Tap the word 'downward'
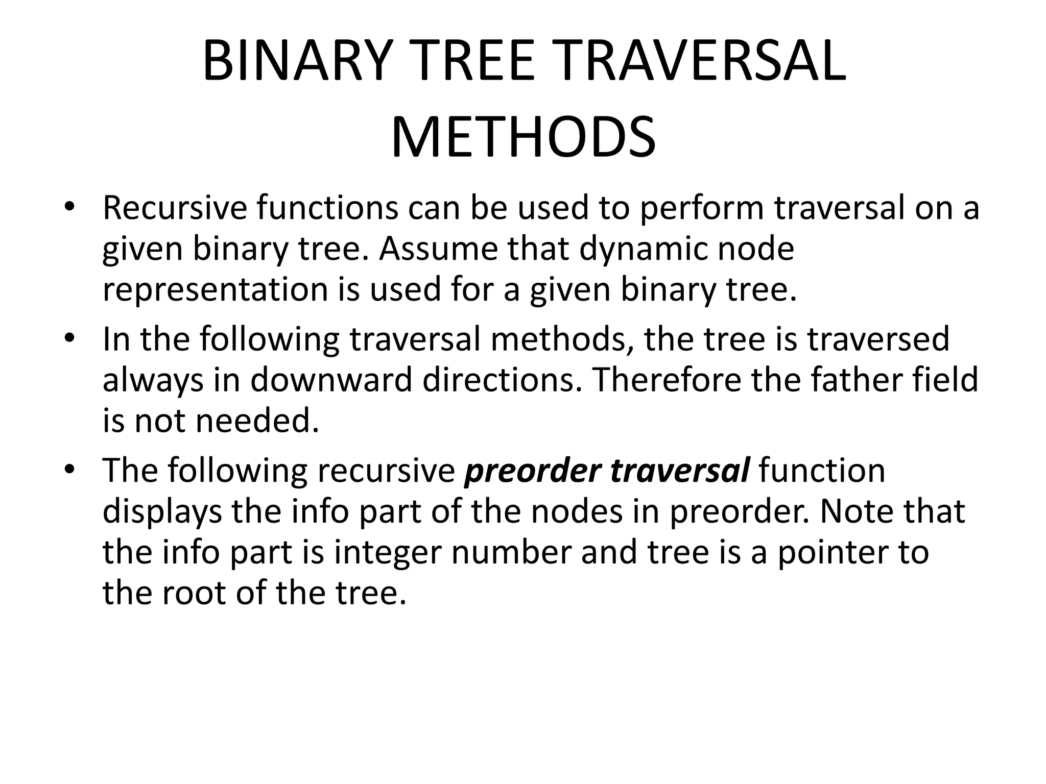[331, 380]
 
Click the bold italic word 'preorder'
[532, 471]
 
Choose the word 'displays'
[162, 512]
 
